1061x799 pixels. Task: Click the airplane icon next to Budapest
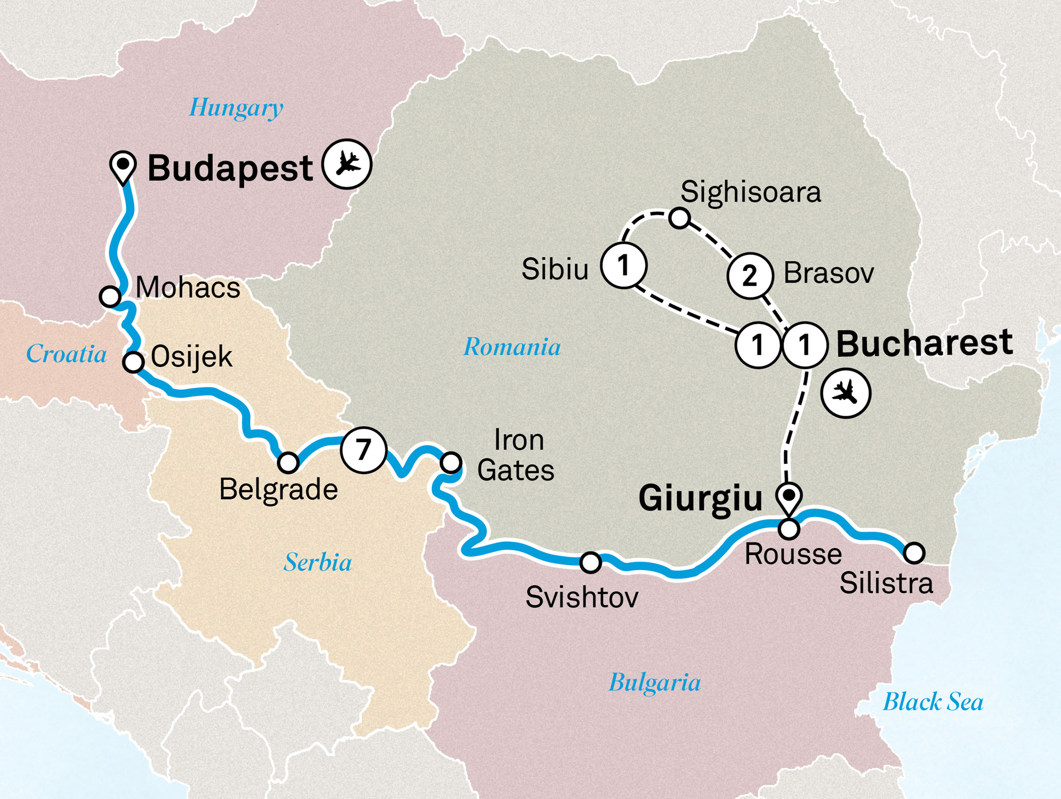click(x=347, y=164)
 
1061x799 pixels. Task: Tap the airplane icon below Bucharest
click(x=846, y=394)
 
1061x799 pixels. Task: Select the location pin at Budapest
click(x=123, y=165)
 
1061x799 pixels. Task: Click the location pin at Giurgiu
click(x=789, y=497)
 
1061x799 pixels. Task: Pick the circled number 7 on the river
click(x=363, y=450)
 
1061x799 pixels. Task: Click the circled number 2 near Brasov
click(x=750, y=276)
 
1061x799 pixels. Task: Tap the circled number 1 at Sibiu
click(x=623, y=265)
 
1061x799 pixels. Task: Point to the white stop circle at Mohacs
click(x=110, y=296)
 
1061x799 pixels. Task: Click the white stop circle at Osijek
click(x=133, y=362)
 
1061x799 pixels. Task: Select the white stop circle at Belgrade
click(x=288, y=462)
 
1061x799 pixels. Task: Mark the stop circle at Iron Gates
click(x=451, y=462)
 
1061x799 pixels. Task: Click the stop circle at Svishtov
click(x=590, y=563)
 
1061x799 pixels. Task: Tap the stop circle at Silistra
click(x=914, y=552)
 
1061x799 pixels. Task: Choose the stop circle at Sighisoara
click(x=679, y=217)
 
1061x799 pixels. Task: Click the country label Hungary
click(x=236, y=108)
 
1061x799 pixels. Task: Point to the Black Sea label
click(x=933, y=702)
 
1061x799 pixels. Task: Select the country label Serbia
click(x=317, y=563)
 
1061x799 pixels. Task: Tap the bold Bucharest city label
click(x=924, y=344)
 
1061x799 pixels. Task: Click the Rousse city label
click(x=793, y=555)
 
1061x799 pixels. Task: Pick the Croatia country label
click(x=66, y=354)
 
